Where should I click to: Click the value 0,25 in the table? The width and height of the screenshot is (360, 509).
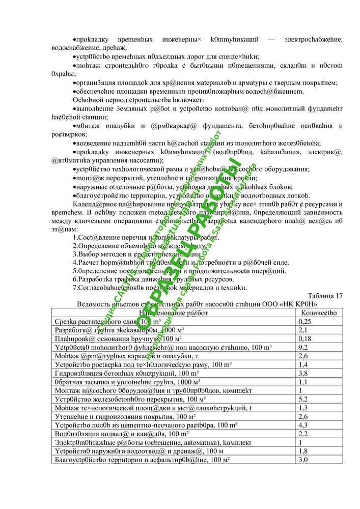pyautogui.click(x=304, y=322)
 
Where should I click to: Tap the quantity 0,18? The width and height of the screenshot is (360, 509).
pyautogui.click(x=304, y=338)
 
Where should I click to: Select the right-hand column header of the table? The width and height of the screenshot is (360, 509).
pyautogui.click(x=319, y=313)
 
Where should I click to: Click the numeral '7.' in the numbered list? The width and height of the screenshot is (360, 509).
pyautogui.click(x=75, y=288)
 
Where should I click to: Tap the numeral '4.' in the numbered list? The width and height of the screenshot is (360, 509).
pyautogui.click(x=75, y=262)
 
